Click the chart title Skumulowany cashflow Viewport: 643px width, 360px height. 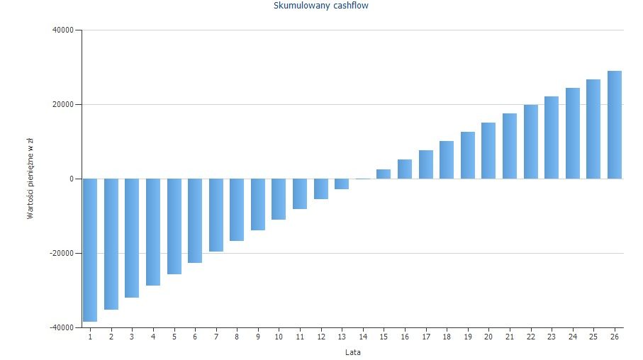[320, 6]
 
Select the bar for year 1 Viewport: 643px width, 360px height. [90, 249]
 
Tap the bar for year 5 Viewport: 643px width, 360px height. [174, 226]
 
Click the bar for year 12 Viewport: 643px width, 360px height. [320, 189]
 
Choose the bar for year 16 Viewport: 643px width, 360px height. [404, 169]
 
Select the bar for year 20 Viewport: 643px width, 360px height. [488, 150]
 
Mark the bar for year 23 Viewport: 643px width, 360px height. [551, 137]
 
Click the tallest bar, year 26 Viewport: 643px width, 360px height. [614, 125]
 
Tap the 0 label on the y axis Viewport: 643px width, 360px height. [71, 179]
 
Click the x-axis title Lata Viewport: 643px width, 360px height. [352, 351]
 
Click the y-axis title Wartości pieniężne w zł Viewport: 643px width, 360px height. [30, 179]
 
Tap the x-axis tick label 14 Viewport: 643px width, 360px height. [362, 336]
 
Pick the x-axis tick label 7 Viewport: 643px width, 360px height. [216, 336]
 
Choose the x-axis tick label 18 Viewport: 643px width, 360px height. [446, 336]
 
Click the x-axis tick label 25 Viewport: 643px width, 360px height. [593, 336]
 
